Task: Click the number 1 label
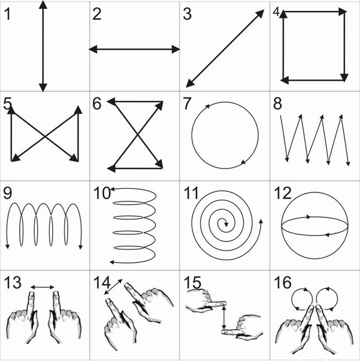[7, 14]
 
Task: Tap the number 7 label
[187, 104]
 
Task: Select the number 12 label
[283, 193]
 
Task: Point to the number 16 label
[283, 282]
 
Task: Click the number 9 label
[7, 193]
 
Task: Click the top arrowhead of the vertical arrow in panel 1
[43, 5]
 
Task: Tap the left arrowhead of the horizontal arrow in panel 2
[93, 49]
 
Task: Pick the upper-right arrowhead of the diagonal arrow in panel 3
[260, 14]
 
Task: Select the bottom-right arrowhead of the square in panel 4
[344, 78]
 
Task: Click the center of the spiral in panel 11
[226, 224]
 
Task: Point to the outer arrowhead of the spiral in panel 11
[261, 221]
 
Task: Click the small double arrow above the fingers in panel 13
[43, 287]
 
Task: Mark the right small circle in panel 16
[327, 298]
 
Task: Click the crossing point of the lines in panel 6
[138, 135]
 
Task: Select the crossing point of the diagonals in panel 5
[45, 137]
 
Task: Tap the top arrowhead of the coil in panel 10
[113, 189]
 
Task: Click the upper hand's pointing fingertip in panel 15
[224, 303]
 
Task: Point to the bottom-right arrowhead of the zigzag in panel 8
[348, 164]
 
